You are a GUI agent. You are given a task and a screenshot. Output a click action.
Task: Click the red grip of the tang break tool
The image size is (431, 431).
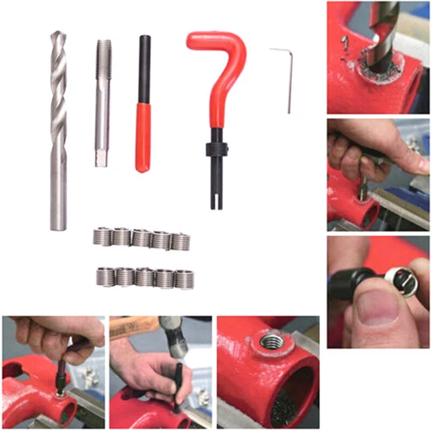143,135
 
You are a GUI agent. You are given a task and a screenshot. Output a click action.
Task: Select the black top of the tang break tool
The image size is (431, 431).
143,67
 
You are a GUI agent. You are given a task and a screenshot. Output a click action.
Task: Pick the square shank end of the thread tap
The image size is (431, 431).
101,159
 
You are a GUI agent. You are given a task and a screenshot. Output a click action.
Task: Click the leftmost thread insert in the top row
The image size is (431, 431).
102,236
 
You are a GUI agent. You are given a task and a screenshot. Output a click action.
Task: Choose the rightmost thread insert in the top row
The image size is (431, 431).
180,241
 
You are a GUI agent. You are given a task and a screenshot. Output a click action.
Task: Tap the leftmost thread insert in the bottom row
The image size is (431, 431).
105,276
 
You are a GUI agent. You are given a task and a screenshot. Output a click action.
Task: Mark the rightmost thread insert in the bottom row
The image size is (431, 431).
184,278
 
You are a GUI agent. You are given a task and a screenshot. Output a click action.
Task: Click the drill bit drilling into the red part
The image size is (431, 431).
385,34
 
